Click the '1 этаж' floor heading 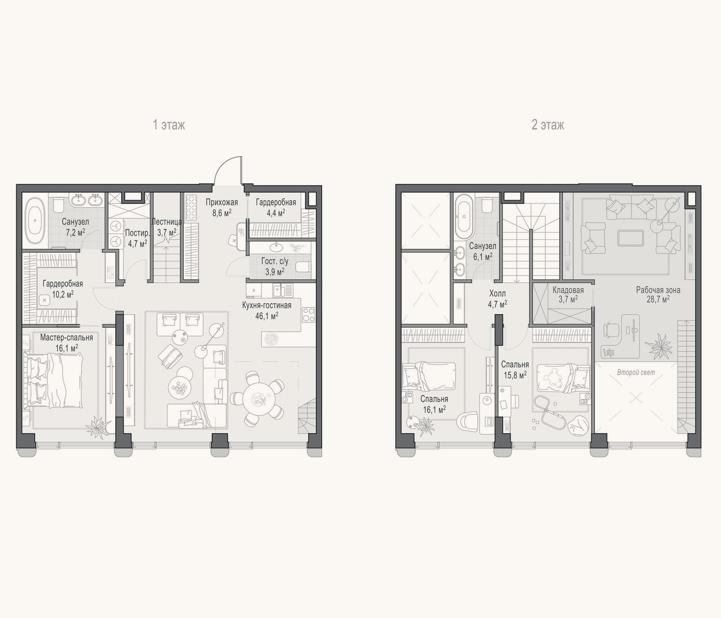tap(169, 125)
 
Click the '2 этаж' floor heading tap(548, 125)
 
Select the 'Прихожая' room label tap(222, 202)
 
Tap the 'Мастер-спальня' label tap(66, 338)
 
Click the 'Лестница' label tap(167, 222)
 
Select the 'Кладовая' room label tap(568, 290)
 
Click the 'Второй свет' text tap(636, 372)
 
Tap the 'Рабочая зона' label tap(658, 290)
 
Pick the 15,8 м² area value tap(515, 375)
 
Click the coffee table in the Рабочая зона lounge tap(631, 237)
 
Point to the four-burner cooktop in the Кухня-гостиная tap(309, 314)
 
